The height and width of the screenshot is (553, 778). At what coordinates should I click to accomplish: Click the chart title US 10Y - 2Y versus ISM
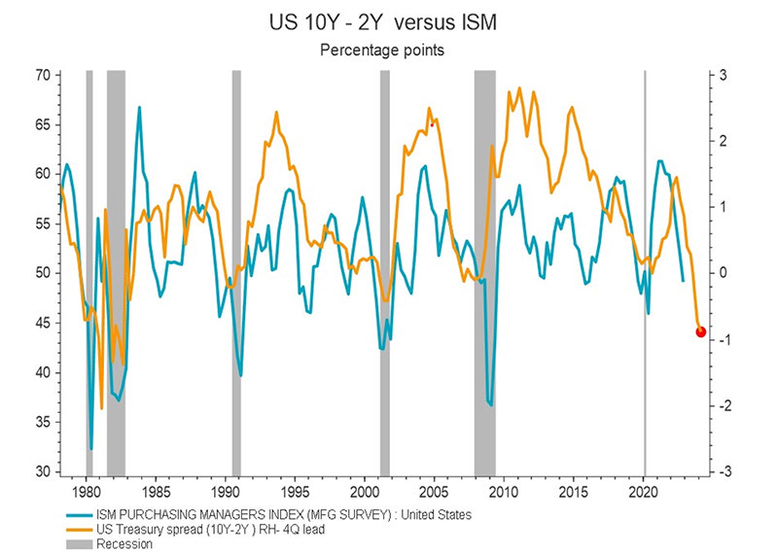click(388, 22)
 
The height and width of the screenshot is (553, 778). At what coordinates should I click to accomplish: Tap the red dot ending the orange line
click(701, 332)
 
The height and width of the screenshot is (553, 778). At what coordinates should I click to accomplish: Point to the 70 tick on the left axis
click(43, 75)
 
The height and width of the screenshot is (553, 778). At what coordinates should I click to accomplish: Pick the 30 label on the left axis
click(43, 471)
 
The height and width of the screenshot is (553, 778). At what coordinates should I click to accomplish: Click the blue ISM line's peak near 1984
click(139, 107)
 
